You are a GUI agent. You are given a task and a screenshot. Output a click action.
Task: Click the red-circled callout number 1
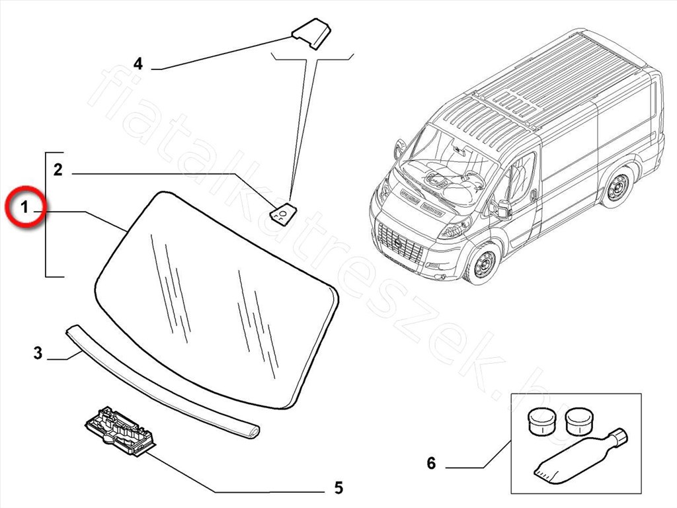24,208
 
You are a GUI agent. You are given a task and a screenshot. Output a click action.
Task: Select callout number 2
58,170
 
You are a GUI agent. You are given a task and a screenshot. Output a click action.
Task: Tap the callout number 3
38,353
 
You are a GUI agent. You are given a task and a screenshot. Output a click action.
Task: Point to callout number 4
138,63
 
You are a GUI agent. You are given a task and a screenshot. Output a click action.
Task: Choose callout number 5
338,488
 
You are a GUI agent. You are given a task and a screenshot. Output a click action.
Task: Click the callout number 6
431,463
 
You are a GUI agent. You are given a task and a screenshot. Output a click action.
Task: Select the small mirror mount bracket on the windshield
282,214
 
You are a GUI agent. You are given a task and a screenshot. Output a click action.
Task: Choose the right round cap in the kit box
579,420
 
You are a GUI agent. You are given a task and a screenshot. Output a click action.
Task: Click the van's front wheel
481,263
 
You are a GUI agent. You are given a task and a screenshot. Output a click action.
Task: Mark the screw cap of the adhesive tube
619,437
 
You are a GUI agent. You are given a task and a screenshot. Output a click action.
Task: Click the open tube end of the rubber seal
252,432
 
